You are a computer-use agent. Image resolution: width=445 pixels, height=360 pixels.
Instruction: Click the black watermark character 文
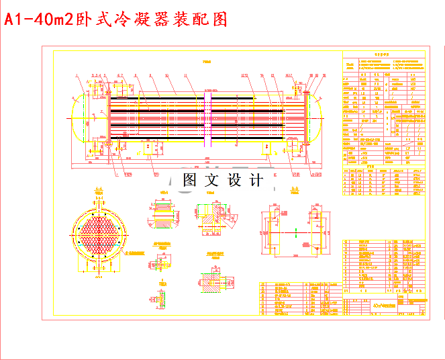[211, 180]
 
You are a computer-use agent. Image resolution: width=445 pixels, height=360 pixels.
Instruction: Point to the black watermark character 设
[234, 180]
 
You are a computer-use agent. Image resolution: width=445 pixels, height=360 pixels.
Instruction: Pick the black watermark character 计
[256, 180]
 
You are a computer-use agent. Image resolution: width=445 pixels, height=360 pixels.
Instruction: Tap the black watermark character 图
[189, 180]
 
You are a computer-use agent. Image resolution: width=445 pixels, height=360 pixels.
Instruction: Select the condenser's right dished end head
[317, 118]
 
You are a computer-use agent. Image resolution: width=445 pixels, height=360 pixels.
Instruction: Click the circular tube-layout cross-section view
[99, 235]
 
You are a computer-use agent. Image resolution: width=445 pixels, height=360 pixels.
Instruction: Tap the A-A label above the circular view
[99, 189]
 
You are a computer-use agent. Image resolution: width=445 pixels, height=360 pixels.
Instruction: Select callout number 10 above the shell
[166, 75]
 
